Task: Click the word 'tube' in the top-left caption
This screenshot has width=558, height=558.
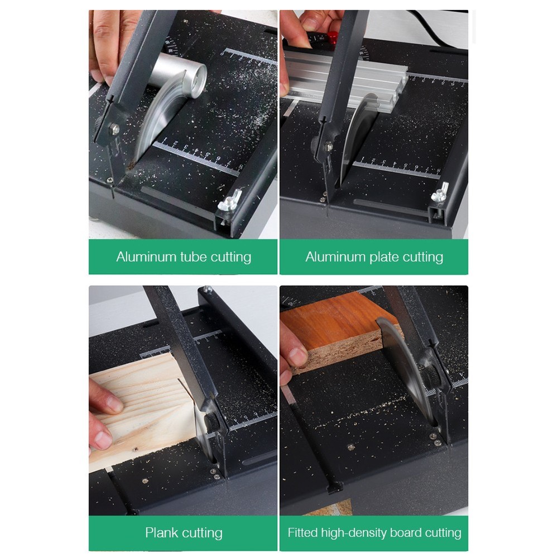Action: (194, 257)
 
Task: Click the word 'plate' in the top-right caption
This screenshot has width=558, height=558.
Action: (384, 257)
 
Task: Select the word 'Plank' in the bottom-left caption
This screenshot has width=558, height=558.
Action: (162, 533)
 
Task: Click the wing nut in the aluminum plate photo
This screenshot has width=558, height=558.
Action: (441, 193)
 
